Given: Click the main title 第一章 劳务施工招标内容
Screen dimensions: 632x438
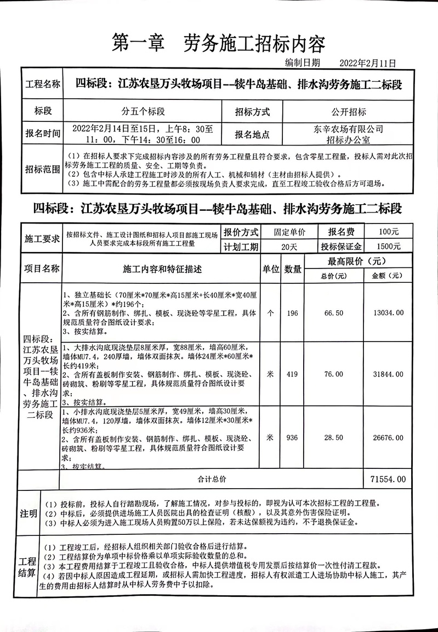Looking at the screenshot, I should pyautogui.click(x=218, y=43).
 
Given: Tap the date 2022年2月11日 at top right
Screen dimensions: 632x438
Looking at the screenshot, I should pyautogui.click(x=368, y=64).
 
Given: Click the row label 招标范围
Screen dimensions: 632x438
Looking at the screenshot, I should pyautogui.click(x=43, y=168).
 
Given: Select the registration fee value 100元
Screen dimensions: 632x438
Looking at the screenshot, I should pyautogui.click(x=389, y=232).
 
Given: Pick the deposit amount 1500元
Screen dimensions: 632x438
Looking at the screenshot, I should pyautogui.click(x=389, y=247).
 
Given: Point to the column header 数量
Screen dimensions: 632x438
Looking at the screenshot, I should pyautogui.click(x=293, y=270).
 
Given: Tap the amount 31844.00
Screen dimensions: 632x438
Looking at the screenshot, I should pyautogui.click(x=388, y=374).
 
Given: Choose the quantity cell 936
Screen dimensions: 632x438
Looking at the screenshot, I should pyautogui.click(x=293, y=437).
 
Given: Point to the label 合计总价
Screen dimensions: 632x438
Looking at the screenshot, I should pyautogui.click(x=212, y=479).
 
